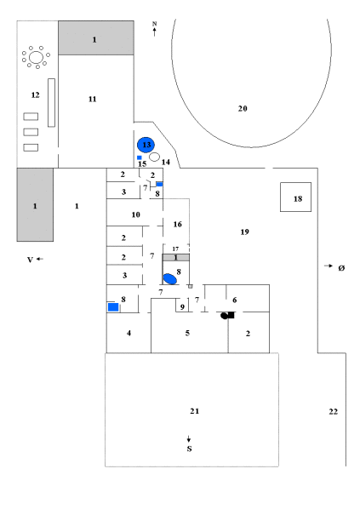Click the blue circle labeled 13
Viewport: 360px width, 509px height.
pos(146,145)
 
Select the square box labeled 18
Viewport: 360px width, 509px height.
pos(295,197)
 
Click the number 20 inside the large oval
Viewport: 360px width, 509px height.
pos(243,108)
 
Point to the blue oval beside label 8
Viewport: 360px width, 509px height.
pos(169,279)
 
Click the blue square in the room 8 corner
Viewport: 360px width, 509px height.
pos(113,307)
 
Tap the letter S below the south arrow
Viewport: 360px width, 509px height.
pos(189,449)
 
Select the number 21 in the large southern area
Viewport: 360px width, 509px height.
pos(194,411)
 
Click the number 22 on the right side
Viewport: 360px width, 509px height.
pos(334,412)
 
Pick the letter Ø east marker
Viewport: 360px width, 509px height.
pos(341,268)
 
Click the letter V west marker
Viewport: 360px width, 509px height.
pos(30,260)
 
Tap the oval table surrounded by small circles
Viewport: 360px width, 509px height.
pos(36,58)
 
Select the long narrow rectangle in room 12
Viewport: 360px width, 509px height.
pos(51,103)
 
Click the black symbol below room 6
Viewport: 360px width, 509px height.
pos(227,315)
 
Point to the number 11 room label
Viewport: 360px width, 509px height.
pos(93,99)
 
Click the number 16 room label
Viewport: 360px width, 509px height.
pos(177,225)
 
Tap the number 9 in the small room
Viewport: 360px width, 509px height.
pos(182,306)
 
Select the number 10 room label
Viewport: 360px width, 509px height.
pos(135,214)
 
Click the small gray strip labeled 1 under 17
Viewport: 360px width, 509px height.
pos(175,257)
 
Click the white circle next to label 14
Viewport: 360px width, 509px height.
pos(155,157)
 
